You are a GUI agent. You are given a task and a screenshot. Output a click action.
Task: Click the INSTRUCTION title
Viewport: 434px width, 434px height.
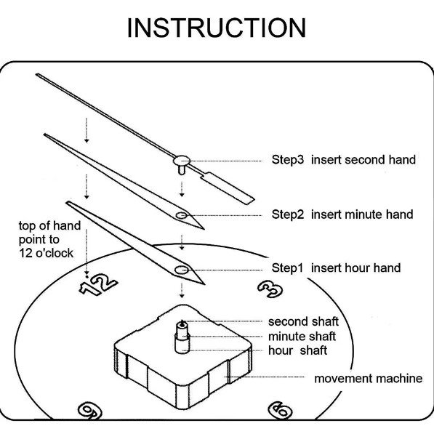(x=217, y=28)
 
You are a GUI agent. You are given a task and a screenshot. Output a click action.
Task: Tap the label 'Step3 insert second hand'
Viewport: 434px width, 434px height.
(x=343, y=160)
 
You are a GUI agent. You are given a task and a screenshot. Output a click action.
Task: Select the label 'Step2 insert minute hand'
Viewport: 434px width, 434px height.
(x=342, y=214)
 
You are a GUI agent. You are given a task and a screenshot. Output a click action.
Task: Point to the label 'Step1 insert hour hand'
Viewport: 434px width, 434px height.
(x=336, y=268)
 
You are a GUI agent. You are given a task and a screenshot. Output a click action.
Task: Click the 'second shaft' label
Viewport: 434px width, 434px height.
(x=303, y=321)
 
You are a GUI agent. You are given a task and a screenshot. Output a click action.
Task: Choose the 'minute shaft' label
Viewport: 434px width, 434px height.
(x=302, y=337)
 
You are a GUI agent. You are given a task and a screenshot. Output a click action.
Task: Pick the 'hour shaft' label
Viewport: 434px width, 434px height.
(x=297, y=350)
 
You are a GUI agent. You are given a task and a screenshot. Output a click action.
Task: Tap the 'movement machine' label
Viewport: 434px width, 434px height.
(x=369, y=378)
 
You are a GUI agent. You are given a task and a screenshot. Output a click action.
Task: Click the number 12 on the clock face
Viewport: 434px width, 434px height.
(x=99, y=284)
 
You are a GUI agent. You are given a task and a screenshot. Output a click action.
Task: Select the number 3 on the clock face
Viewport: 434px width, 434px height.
(x=270, y=289)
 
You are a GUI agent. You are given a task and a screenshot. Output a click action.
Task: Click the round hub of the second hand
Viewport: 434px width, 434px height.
(x=182, y=161)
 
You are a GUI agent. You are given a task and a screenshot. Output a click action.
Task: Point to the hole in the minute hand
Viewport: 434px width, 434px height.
(x=182, y=215)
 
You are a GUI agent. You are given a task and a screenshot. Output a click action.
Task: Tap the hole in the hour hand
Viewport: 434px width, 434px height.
(x=181, y=270)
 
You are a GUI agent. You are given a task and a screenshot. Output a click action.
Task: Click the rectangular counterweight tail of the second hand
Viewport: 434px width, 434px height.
(x=228, y=188)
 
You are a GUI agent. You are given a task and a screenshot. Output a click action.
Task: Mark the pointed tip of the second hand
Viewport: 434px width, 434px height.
(x=37, y=74)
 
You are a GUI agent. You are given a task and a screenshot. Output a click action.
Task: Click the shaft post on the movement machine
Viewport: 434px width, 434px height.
(x=182, y=337)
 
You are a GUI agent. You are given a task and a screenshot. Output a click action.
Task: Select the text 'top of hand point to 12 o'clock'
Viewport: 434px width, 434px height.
(x=50, y=239)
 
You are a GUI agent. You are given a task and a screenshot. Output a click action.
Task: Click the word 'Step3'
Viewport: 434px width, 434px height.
(x=288, y=160)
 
